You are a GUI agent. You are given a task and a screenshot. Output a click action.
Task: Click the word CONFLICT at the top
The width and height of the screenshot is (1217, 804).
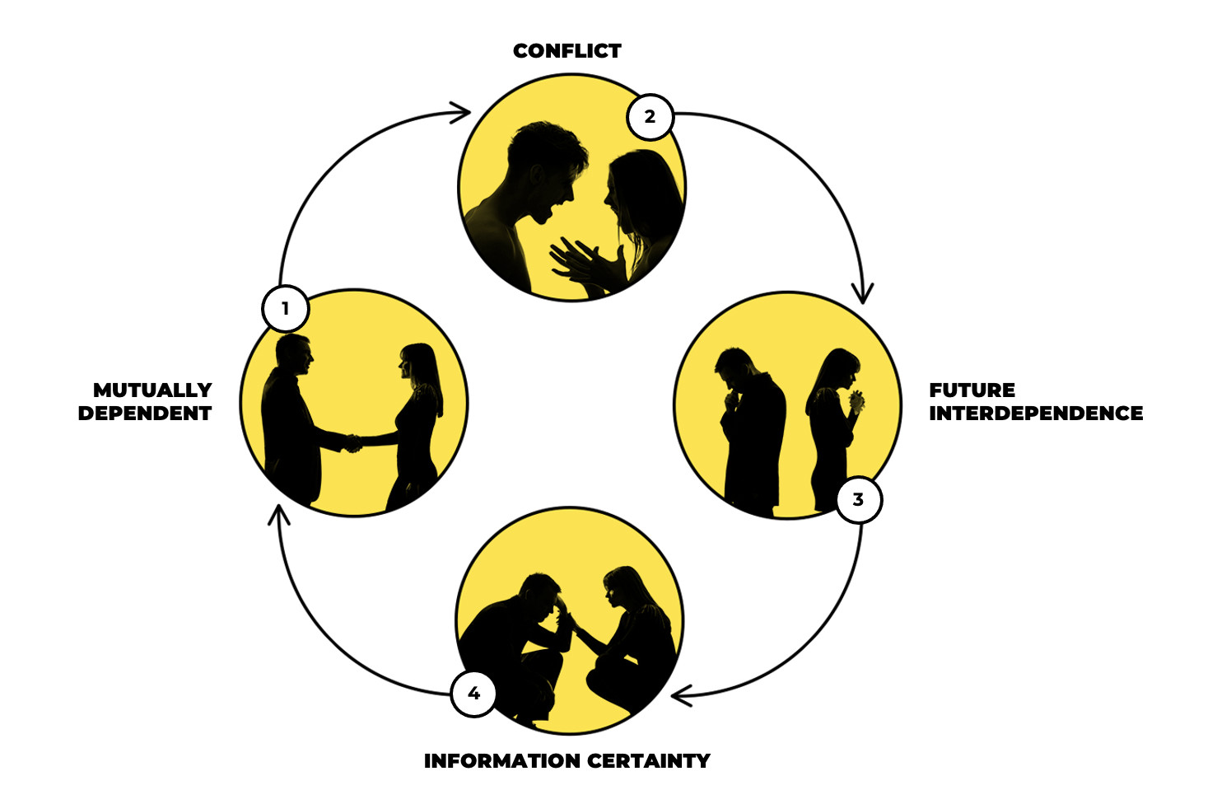click(567, 51)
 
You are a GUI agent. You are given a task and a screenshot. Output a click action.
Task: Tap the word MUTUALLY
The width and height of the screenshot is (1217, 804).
click(152, 390)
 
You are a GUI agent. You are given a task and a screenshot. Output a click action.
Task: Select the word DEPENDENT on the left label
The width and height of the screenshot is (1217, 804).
click(145, 414)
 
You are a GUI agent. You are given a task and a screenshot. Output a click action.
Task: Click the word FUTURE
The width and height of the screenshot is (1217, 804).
click(972, 390)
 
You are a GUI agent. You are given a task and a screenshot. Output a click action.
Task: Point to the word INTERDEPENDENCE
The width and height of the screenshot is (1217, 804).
click(1036, 414)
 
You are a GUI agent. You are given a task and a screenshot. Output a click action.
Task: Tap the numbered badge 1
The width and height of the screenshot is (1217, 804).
click(286, 309)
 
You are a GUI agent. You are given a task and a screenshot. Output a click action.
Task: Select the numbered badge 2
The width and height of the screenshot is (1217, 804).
click(650, 117)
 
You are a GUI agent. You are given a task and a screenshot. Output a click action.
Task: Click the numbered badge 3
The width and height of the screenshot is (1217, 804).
click(859, 499)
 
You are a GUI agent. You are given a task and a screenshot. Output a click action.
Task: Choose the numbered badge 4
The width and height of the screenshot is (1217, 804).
click(473, 694)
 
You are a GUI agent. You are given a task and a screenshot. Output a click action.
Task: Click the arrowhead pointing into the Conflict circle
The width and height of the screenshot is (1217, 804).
click(463, 112)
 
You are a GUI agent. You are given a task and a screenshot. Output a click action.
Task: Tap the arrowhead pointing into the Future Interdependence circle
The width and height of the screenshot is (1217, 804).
click(863, 295)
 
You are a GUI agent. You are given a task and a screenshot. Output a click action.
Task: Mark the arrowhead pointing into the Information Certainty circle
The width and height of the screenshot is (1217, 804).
click(680, 696)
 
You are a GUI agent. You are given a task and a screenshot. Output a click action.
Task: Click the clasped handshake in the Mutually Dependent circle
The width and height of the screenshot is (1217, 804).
click(353, 442)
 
